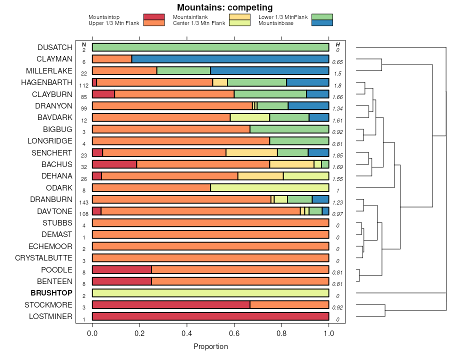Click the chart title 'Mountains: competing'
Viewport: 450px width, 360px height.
pyautogui.click(x=224, y=7)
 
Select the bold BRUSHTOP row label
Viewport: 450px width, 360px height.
pyautogui.click(x=51, y=293)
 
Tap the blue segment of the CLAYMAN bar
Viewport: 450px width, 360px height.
pyautogui.click(x=230, y=59)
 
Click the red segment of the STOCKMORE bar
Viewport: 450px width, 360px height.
pyautogui.click(x=171, y=305)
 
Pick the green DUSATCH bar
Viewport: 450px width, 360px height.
pyautogui.click(x=210, y=47)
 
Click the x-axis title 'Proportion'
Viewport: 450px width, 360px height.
pyautogui.click(x=210, y=346)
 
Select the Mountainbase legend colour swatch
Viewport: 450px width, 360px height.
pyautogui.click(x=321, y=23)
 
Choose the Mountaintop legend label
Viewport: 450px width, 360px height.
pyautogui.click(x=104, y=17)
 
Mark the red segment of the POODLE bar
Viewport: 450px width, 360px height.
pyautogui.click(x=122, y=270)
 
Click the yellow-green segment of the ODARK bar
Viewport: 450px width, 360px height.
pyautogui.click(x=269, y=187)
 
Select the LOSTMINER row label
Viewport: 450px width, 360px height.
pyautogui.click(x=50, y=316)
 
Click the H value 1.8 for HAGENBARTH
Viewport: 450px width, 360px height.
pyautogui.click(x=337, y=86)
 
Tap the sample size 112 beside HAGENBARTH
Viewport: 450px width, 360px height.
pyautogui.click(x=83, y=86)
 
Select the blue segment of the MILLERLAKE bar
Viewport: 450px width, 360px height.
pyautogui.click(x=269, y=70)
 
